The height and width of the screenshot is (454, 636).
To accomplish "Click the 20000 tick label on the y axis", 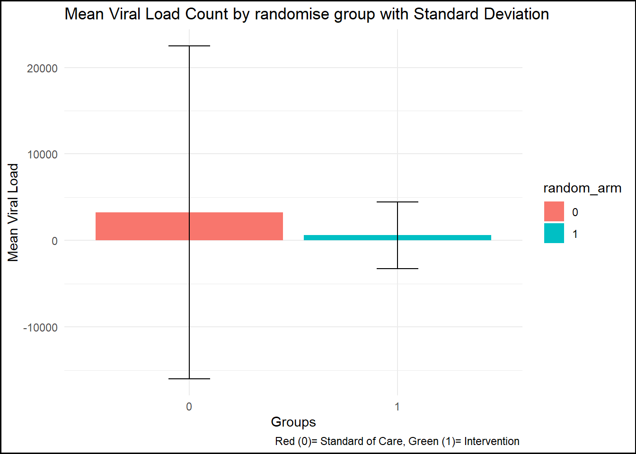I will [42, 69].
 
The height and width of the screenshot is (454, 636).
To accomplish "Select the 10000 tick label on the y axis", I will [42, 155].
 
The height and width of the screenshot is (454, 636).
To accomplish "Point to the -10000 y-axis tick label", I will [40, 328].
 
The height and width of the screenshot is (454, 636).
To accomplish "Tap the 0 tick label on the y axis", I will [54, 241].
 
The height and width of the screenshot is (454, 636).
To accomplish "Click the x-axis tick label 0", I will [189, 407].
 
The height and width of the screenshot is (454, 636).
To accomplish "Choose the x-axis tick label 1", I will [397, 407].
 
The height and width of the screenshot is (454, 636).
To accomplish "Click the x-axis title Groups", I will [293, 422].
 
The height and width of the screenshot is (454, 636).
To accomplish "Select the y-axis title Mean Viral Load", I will [13, 212].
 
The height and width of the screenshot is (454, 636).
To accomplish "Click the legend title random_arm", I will [582, 188].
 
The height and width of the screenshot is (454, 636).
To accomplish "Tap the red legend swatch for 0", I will [554, 211].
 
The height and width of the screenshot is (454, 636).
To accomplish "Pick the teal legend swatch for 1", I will [554, 233].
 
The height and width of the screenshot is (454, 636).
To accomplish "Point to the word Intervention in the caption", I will [492, 441].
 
